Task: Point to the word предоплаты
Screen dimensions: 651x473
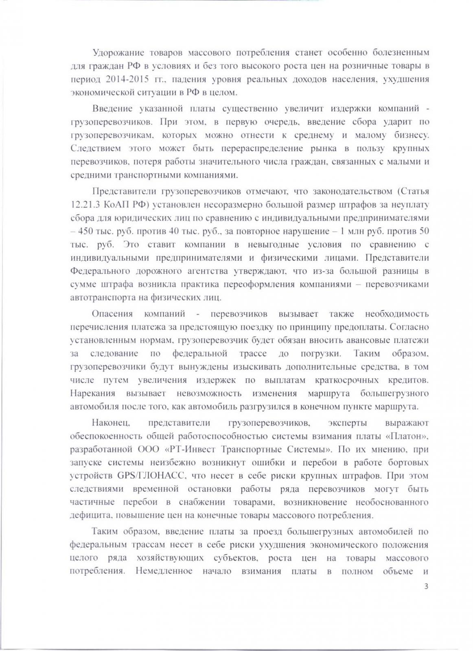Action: tap(365, 327)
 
